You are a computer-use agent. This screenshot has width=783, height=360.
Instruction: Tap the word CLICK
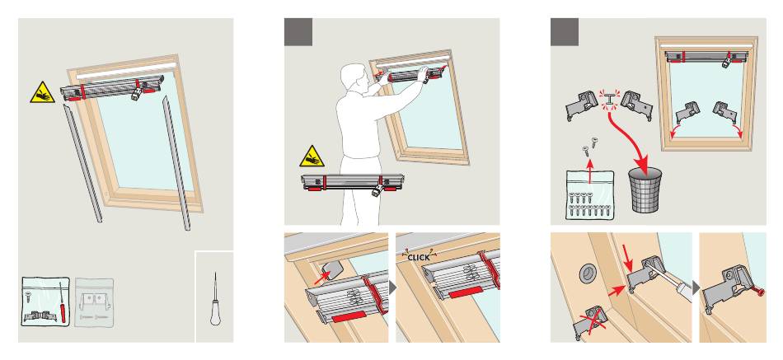coord(418,258)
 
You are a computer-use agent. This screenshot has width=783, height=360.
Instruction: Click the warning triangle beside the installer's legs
coord(312,157)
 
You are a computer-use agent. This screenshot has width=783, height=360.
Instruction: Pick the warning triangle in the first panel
coord(42,93)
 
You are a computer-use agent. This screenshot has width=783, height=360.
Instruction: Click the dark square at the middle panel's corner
coord(298,32)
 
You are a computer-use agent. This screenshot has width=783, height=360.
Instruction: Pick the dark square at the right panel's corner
coord(565,32)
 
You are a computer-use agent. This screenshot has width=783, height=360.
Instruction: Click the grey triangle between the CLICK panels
coord(392,288)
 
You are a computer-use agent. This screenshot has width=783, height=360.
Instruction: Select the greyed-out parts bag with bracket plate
coord(94,302)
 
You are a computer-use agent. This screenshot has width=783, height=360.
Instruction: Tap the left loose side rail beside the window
coord(83,163)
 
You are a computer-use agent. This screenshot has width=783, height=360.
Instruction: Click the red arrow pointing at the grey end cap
coord(322,277)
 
